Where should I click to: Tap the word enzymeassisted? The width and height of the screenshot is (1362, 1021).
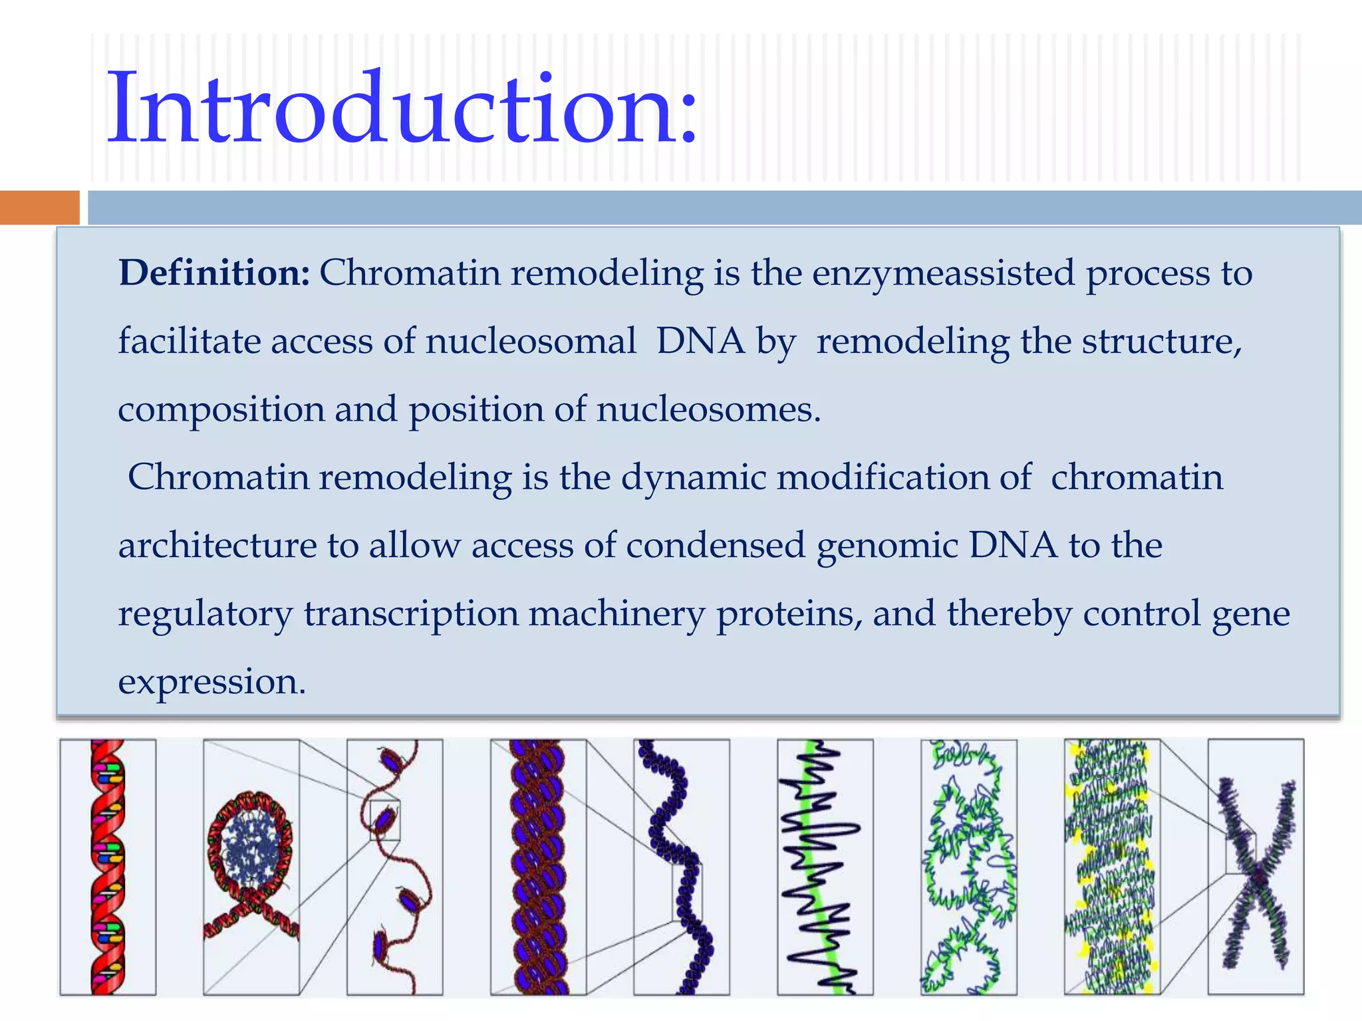click(x=943, y=273)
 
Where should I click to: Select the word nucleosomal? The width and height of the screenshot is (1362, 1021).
click(x=531, y=342)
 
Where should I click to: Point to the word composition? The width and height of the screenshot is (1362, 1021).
click(x=221, y=410)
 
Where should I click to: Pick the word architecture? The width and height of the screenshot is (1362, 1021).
click(x=217, y=546)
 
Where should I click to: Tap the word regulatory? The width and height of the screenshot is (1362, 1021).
click(x=205, y=615)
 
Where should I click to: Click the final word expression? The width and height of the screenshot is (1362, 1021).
click(x=211, y=683)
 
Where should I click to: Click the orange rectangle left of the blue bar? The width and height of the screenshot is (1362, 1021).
click(x=39, y=207)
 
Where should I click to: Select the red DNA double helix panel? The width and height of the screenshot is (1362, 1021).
click(x=108, y=867)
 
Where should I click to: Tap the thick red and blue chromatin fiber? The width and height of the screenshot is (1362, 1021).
click(x=538, y=867)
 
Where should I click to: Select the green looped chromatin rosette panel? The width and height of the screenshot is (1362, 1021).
click(x=968, y=867)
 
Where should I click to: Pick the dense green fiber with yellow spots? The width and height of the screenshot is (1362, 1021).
click(x=1111, y=867)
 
